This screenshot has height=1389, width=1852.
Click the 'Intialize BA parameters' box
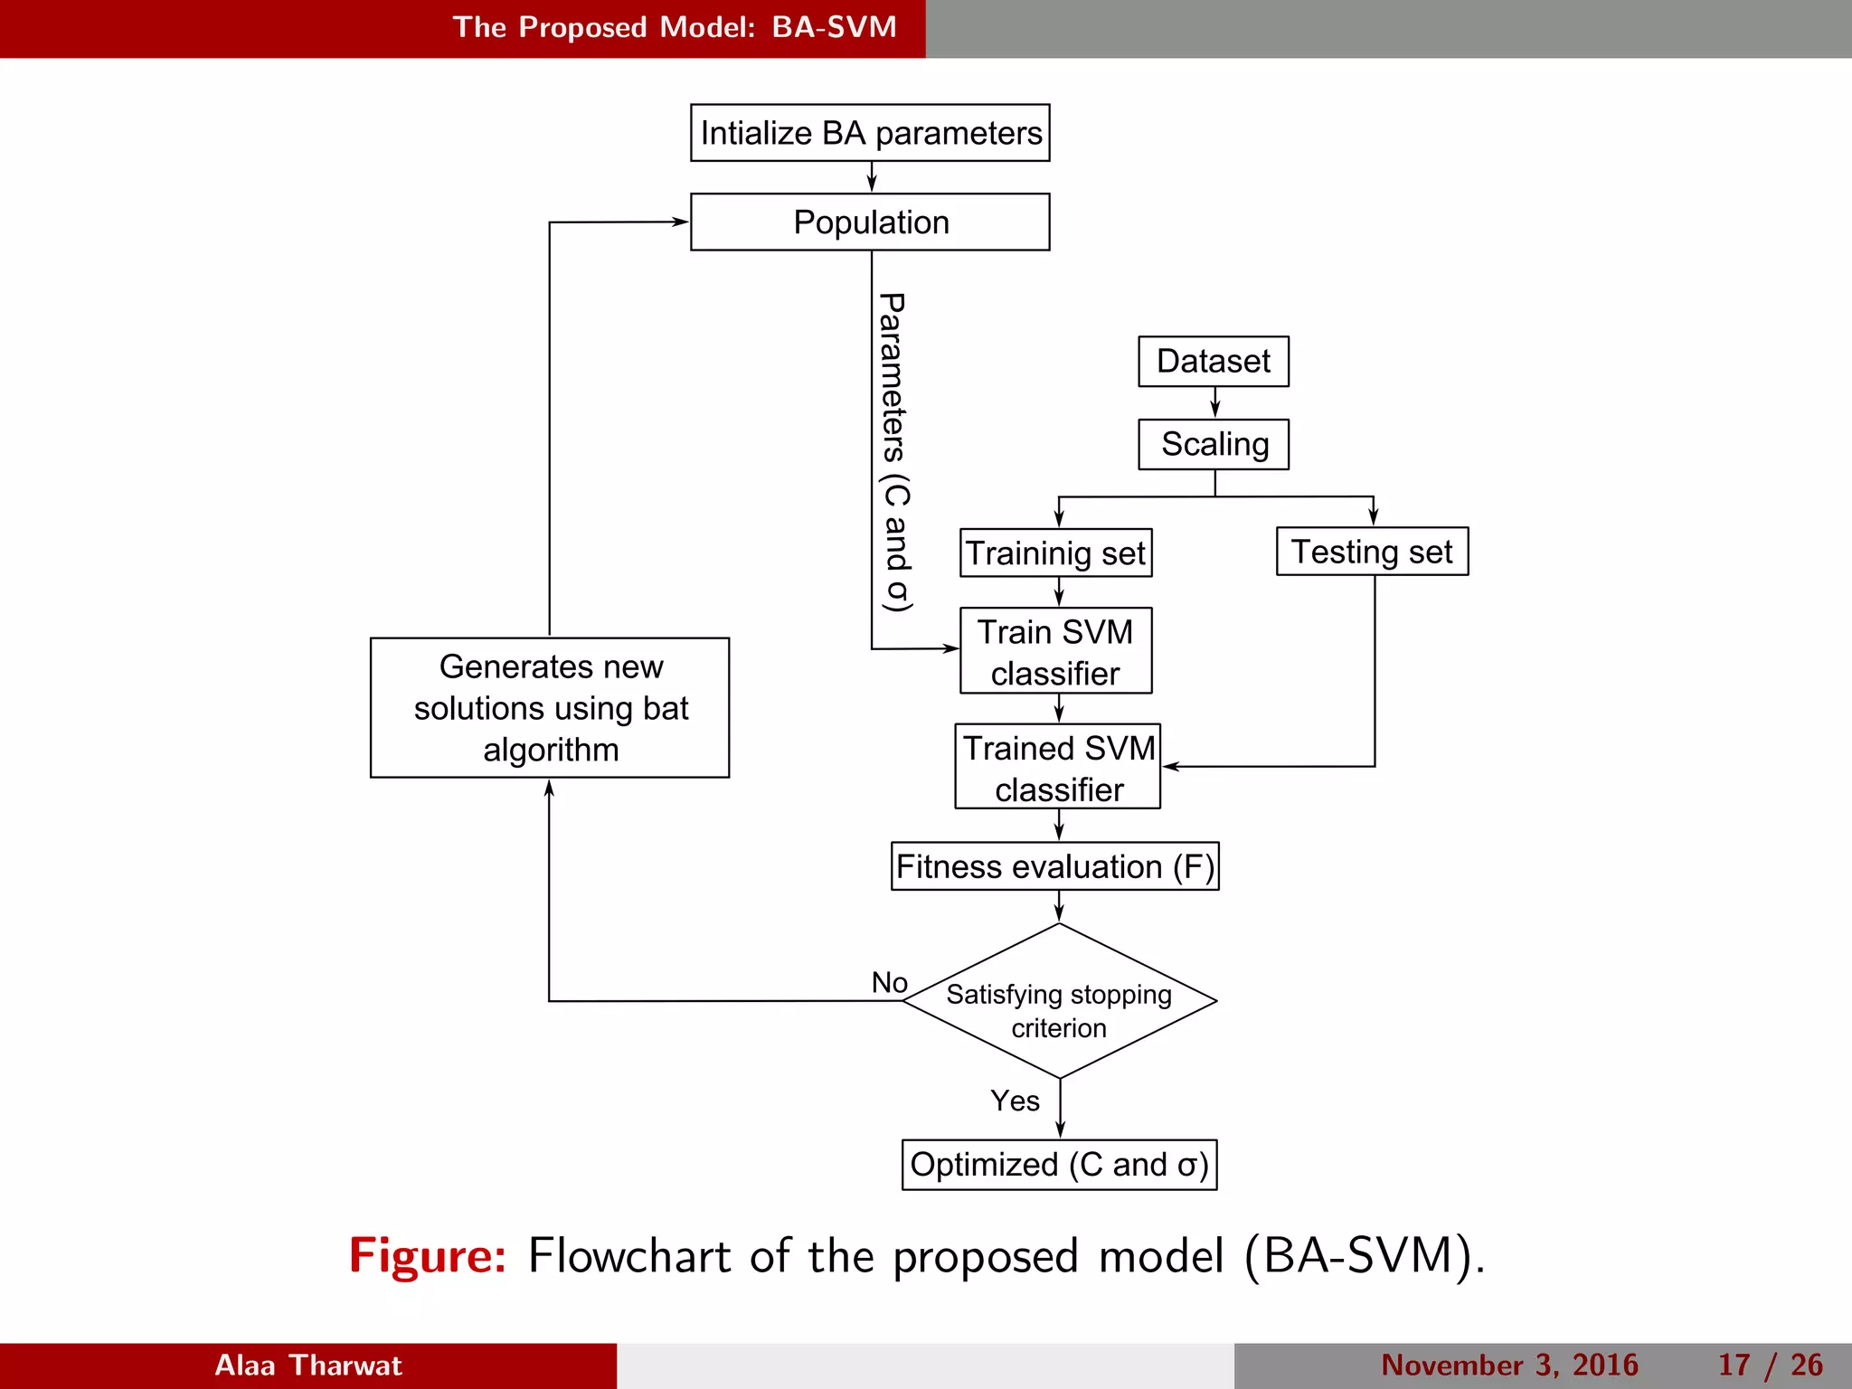(x=870, y=133)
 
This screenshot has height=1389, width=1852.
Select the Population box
(x=870, y=222)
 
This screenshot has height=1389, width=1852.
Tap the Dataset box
(x=1213, y=361)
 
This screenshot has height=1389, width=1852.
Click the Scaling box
(x=1213, y=444)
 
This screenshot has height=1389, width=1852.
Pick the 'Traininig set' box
(x=1055, y=553)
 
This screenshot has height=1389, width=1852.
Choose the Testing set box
(x=1372, y=551)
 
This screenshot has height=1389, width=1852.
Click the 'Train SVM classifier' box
(x=1055, y=651)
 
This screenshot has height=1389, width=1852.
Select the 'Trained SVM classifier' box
(x=1057, y=767)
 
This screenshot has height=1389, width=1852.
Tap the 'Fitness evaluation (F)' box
(x=1054, y=866)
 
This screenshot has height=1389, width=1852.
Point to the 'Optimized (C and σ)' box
(x=1059, y=1165)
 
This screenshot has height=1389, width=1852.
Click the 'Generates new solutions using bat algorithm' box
(x=550, y=708)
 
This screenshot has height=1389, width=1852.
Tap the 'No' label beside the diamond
(x=889, y=982)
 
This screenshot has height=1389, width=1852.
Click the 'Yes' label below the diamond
(x=1015, y=1101)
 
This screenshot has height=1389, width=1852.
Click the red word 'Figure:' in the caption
(x=428, y=1256)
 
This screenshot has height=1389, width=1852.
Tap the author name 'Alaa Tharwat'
(x=307, y=1365)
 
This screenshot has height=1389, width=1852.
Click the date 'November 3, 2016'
(x=1509, y=1365)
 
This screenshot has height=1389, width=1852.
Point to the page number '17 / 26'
(x=1770, y=1365)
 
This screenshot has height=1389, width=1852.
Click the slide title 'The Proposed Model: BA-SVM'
(x=675, y=27)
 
